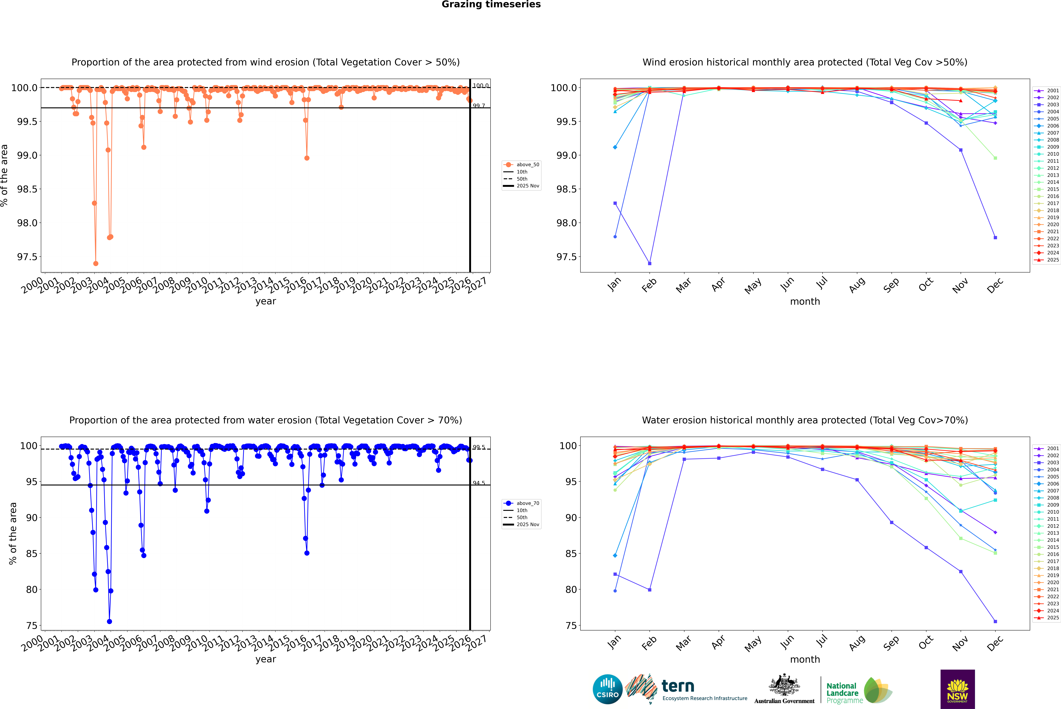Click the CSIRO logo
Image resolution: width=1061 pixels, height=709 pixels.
point(607,689)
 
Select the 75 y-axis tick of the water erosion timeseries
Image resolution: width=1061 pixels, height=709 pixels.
point(32,625)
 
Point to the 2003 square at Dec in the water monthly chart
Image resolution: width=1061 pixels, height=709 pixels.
point(995,621)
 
